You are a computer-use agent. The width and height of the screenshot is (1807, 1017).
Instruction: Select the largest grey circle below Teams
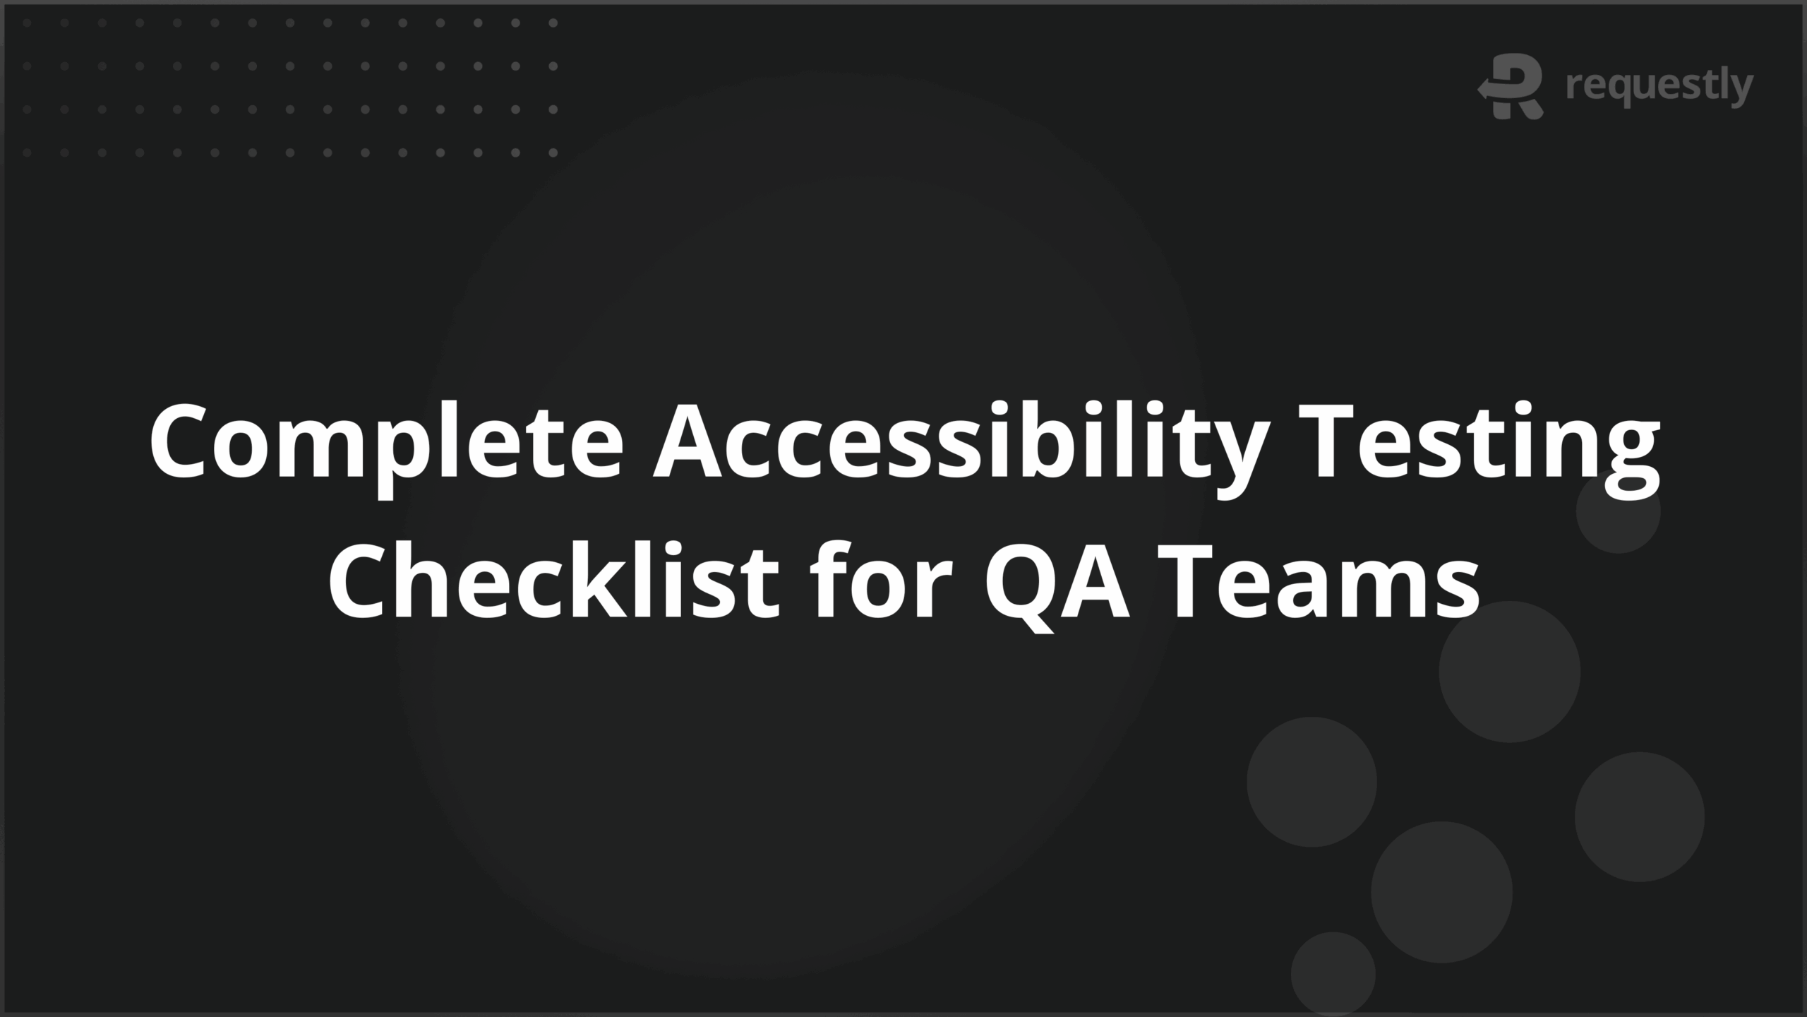click(1509, 672)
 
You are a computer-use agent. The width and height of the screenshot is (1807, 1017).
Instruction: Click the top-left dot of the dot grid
click(27, 23)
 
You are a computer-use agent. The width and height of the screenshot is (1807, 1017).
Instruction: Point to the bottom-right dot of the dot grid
click(553, 153)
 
